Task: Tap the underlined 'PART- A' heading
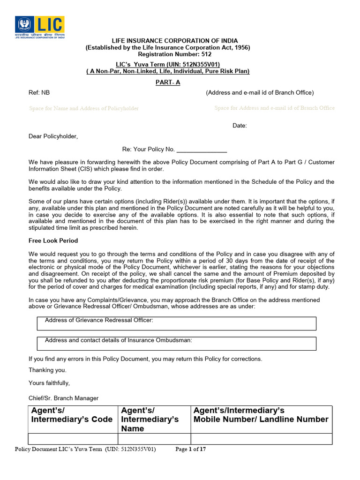click(168, 82)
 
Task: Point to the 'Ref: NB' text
click(39, 93)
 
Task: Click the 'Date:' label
click(240, 126)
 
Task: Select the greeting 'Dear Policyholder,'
click(53, 136)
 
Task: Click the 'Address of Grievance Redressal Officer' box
click(176, 323)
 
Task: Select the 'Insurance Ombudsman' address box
click(176, 343)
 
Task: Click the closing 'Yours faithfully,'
click(49, 383)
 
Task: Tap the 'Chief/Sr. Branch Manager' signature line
click(64, 398)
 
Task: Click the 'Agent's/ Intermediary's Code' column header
click(73, 415)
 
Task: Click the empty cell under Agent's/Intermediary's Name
click(154, 439)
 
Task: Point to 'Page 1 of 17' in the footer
click(190, 449)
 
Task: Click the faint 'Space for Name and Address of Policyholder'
click(84, 108)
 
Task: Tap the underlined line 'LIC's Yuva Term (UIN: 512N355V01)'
click(168, 64)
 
